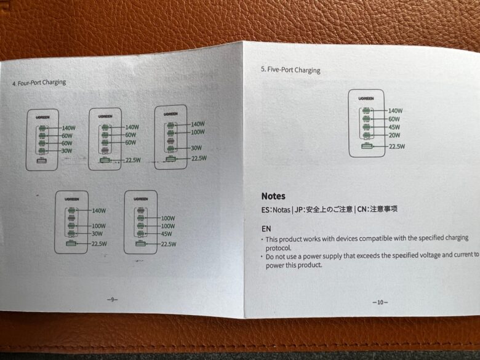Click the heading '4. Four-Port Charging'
point(39,82)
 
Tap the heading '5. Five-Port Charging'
point(290,70)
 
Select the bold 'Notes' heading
point(273,196)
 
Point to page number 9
point(113,299)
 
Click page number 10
point(380,302)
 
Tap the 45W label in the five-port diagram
point(394,127)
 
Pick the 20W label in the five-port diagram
point(394,135)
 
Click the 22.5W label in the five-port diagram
point(397,146)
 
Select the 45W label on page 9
point(166,234)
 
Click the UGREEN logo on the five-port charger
point(366,98)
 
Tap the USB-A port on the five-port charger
point(367,146)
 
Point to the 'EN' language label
point(266,229)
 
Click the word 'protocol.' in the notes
point(278,248)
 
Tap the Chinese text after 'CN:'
point(383,209)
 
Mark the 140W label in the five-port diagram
point(396,111)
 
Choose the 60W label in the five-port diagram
point(394,119)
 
